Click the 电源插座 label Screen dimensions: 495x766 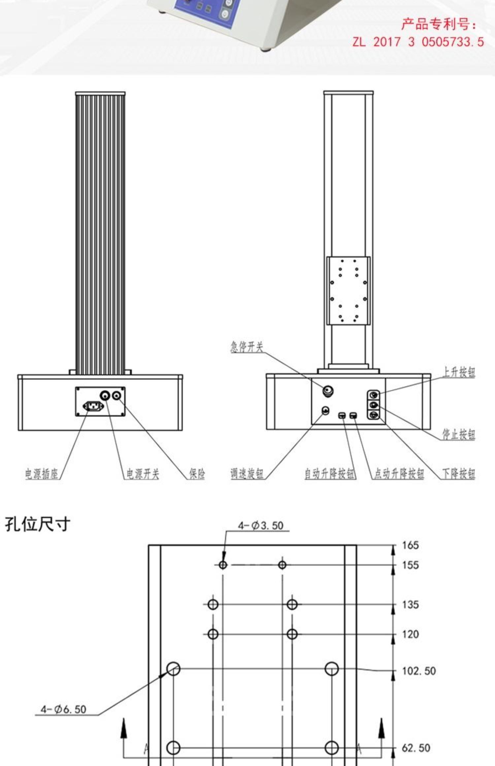point(42,474)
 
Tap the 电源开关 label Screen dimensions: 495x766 point(143,474)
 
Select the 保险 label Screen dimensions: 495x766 point(197,474)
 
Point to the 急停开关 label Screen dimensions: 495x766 point(247,347)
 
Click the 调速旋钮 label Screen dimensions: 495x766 point(247,474)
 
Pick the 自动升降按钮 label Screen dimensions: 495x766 point(330,474)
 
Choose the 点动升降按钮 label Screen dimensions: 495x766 point(399,474)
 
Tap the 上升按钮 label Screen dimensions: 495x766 point(459,372)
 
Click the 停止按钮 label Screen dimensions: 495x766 point(459,434)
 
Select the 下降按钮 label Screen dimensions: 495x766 point(459,474)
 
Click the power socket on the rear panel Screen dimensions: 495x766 point(93,406)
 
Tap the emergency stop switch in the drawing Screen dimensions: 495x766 point(328,391)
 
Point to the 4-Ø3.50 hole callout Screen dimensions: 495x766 point(261,526)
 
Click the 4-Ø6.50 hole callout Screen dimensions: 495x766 point(63,709)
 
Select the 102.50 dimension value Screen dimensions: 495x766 point(419,670)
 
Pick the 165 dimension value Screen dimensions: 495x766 point(410,545)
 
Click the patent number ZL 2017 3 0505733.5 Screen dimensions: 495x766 point(418,42)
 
